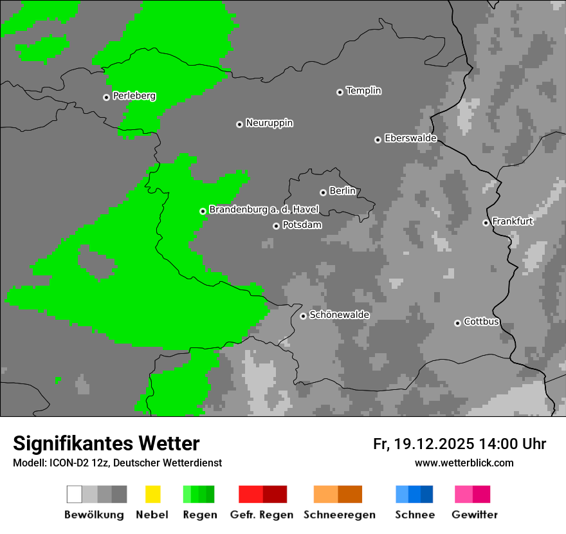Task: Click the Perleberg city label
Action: [134, 96]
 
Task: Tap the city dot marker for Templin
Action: [340, 92]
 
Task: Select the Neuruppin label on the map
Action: [269, 123]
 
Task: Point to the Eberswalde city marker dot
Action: [378, 140]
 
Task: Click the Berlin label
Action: [342, 191]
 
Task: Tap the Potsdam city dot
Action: [276, 226]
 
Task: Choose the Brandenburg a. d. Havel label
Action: [264, 210]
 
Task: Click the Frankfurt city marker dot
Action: [486, 223]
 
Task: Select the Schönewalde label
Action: [339, 315]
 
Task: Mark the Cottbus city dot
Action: [457, 323]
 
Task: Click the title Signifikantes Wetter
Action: [106, 443]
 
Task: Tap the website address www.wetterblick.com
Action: [464, 463]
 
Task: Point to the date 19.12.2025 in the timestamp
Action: [434, 444]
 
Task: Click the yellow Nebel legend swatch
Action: [152, 494]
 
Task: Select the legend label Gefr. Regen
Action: [261, 515]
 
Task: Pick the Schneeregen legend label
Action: [339, 515]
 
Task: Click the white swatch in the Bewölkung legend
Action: [74, 494]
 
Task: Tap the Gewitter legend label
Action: [474, 515]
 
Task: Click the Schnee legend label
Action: [414, 515]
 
